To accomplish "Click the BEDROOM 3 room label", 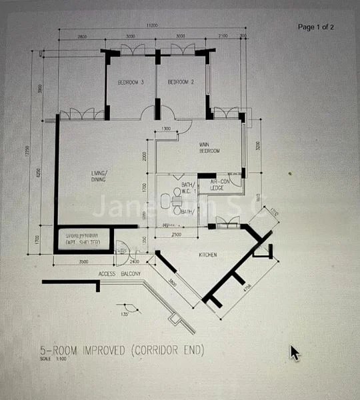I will click(131, 83).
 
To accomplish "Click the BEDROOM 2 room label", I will click(181, 83).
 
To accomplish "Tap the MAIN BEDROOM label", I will click(209, 147).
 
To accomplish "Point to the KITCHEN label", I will click(209, 255).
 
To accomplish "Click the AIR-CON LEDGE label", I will click(220, 185).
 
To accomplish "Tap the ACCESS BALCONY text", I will click(116, 274).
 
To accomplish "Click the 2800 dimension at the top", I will click(81, 35).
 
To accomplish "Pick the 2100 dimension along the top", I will click(223, 35).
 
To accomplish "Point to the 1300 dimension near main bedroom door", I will click(166, 128).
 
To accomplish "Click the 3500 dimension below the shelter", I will click(83, 262).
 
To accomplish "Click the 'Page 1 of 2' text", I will click(316, 27).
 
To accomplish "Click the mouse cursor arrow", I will click(294, 352).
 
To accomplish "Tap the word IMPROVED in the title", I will click(103, 351).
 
